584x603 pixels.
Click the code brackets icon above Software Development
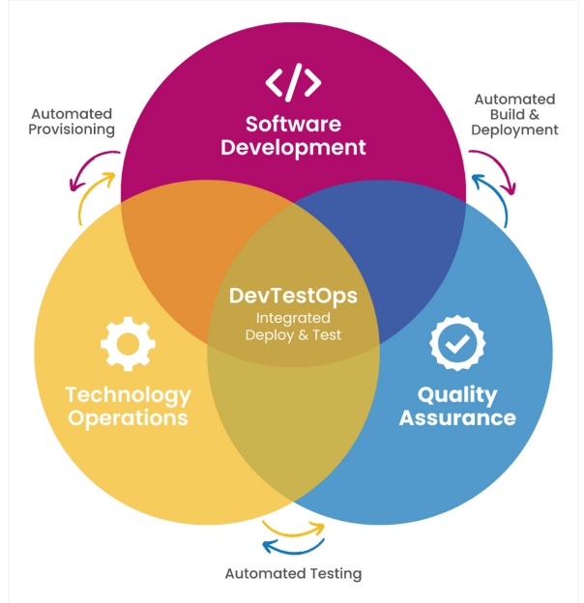click(x=293, y=82)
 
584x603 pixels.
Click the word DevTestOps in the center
click(x=293, y=296)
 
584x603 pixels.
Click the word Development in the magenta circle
click(x=293, y=148)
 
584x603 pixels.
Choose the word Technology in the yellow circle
click(x=128, y=395)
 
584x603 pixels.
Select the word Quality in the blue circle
click(x=457, y=395)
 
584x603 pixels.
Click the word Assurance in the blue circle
click(x=457, y=418)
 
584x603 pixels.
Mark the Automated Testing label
click(x=293, y=573)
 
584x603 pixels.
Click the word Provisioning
click(x=72, y=129)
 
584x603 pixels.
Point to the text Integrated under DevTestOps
click(x=293, y=318)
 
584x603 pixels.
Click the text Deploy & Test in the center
click(x=293, y=335)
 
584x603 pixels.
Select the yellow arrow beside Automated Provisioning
click(x=94, y=197)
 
